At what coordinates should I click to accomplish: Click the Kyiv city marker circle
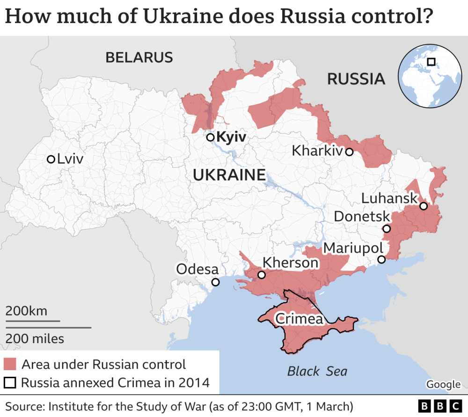[x=211, y=137]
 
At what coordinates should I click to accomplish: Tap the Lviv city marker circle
[x=51, y=159]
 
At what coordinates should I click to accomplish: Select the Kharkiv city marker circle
[x=349, y=152]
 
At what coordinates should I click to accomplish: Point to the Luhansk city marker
[x=423, y=206]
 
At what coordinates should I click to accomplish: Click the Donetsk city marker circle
[x=386, y=229]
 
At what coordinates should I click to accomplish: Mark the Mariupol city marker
[x=381, y=259]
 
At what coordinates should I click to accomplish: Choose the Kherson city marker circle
[x=262, y=275]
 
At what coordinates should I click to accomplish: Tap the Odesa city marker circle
[x=215, y=282]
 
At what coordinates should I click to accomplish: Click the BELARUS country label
[x=139, y=58]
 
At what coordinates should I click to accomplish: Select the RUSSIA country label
[x=356, y=79]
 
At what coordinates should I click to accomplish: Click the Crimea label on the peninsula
[x=299, y=319]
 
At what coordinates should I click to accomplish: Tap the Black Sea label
[x=317, y=371]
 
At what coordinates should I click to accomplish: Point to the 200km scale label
[x=26, y=311]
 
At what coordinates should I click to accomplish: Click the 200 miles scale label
[x=35, y=338]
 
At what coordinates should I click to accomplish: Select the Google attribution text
[x=443, y=384]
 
